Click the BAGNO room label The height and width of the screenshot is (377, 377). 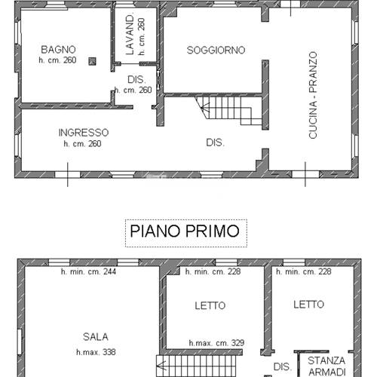pos(56,48)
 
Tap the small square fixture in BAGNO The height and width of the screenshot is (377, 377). pos(91,61)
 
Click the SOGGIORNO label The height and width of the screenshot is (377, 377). pos(216,50)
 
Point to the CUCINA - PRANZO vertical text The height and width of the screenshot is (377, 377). pos(312,95)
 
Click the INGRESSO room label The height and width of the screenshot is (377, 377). pos(83,132)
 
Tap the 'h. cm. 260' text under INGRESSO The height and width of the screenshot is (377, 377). pos(83,143)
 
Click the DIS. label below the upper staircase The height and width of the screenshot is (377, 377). pos(215,142)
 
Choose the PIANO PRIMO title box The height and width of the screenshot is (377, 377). pos(185,231)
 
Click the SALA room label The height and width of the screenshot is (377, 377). pos(95,337)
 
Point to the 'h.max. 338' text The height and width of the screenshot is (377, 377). pos(95,352)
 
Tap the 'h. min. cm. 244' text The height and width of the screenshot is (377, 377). pos(87,272)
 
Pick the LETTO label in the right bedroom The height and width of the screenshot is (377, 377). pos(308,305)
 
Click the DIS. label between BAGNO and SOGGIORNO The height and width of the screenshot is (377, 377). pos(136,79)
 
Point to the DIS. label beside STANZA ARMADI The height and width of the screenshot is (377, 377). pos(282,367)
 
